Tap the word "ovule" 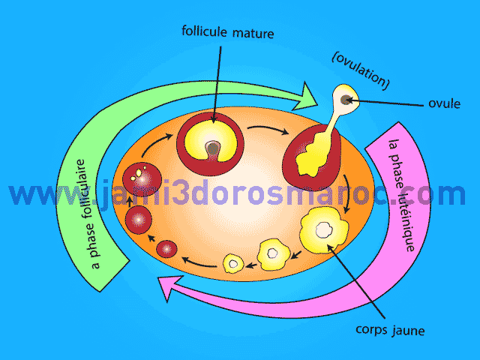pyautogui.click(x=444, y=103)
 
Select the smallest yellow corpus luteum pyautogui.click(x=234, y=263)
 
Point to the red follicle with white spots pyautogui.click(x=139, y=180)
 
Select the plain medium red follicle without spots pyautogui.click(x=139, y=220)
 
